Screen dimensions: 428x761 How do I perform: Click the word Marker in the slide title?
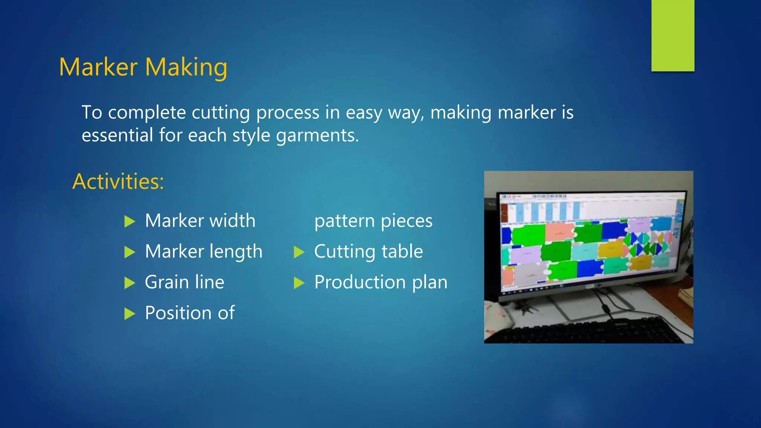(x=98, y=67)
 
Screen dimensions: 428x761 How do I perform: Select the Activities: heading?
(x=118, y=181)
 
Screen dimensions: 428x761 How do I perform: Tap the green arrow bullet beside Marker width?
(x=129, y=221)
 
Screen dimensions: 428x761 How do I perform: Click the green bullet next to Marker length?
(x=129, y=252)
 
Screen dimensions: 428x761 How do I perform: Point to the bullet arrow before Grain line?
(x=129, y=283)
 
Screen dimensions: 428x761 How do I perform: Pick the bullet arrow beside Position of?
(x=129, y=314)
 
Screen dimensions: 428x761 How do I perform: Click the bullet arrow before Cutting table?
(x=299, y=252)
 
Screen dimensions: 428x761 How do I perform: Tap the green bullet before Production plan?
(x=299, y=283)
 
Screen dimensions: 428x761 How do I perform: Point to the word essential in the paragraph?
(x=117, y=135)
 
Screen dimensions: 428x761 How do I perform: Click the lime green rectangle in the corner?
(x=673, y=35)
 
